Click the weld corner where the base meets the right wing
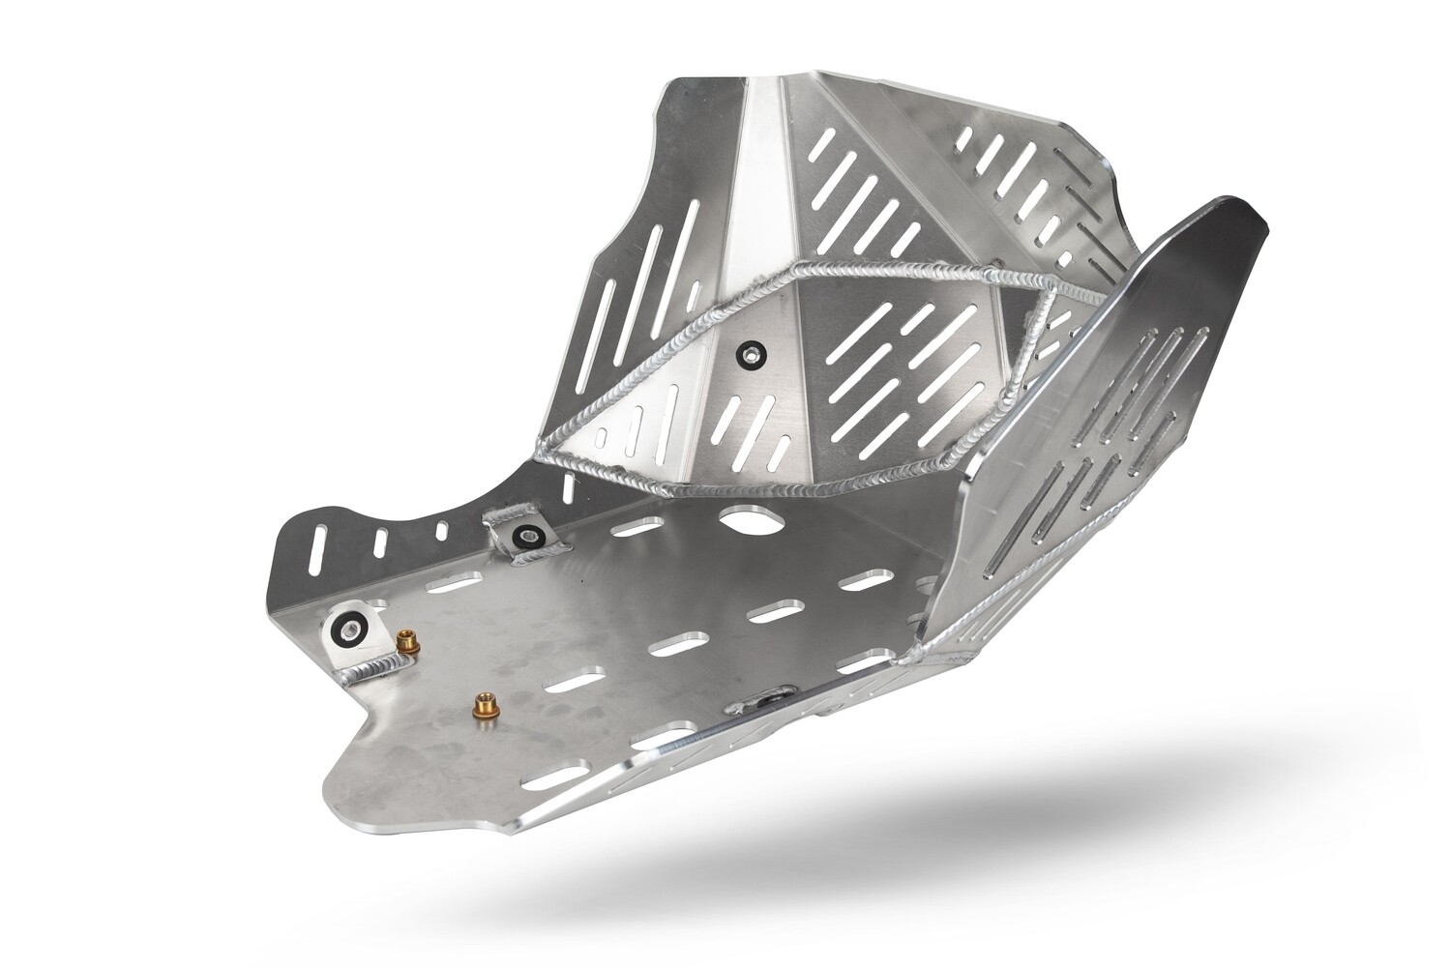coord(909,656)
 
